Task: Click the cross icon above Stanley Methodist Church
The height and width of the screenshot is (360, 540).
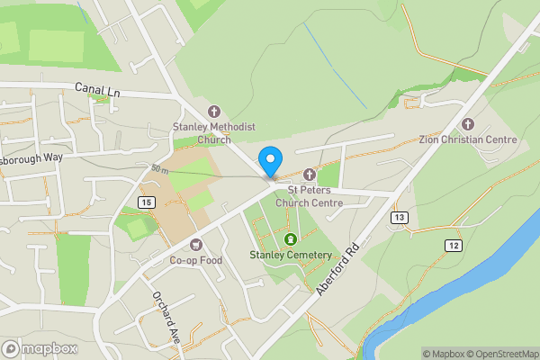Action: pos(214,112)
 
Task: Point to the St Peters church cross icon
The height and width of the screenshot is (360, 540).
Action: pos(309,174)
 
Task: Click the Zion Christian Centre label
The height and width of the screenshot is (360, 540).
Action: pos(467,139)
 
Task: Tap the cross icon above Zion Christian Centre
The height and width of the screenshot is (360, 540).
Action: pos(467,123)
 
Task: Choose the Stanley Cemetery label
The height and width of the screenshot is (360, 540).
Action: pos(291,255)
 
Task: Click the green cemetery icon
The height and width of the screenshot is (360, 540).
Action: pos(291,238)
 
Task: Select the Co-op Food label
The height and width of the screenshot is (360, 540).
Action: pos(195,261)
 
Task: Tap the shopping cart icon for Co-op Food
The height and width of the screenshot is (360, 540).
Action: pos(195,245)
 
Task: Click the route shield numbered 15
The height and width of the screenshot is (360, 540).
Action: pos(147,202)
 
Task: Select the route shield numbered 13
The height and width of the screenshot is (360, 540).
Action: pos(400,218)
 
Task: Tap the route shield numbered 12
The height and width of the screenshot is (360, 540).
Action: pos(452,245)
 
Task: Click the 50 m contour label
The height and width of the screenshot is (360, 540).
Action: pos(160,169)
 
